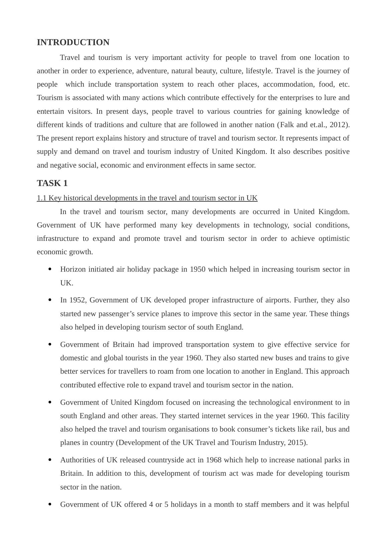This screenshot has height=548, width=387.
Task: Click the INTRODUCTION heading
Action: click(x=73, y=42)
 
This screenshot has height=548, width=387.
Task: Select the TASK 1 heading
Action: click(x=52, y=183)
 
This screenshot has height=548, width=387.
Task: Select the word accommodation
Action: click(x=288, y=84)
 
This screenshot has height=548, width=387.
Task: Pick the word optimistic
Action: click(x=334, y=239)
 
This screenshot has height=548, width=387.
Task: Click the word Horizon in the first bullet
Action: click(x=73, y=269)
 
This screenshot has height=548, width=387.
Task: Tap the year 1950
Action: click(x=198, y=269)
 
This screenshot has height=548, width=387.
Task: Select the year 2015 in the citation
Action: click(x=296, y=443)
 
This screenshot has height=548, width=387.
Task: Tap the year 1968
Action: click(x=214, y=460)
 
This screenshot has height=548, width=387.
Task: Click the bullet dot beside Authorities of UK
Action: click(x=50, y=460)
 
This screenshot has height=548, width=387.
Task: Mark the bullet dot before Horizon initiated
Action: click(x=50, y=269)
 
